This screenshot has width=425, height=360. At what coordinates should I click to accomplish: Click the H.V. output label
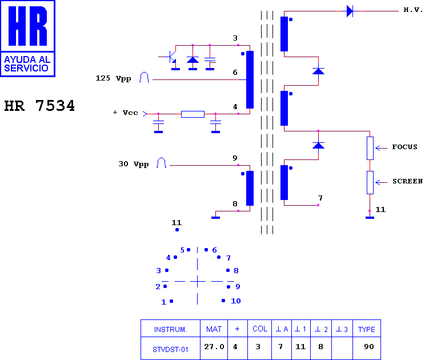tap(413, 10)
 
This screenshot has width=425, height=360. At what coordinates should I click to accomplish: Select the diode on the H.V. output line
tap(350, 11)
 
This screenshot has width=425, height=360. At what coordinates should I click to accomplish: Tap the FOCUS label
tap(404, 147)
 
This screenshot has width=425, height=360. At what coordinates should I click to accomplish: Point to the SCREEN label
tap(408, 181)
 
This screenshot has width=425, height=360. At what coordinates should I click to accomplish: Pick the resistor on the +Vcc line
tap(193, 114)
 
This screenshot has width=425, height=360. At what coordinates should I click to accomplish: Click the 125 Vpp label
tap(113, 78)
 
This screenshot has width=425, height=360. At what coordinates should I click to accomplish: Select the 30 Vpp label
tap(134, 164)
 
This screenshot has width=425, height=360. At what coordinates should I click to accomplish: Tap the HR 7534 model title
tap(39, 106)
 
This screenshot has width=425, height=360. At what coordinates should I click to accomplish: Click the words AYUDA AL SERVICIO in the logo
tap(27, 63)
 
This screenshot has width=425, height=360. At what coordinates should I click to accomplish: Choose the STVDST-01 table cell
tap(170, 349)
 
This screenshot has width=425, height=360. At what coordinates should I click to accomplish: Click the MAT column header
tap(214, 329)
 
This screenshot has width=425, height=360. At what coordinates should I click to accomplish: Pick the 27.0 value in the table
tap(214, 346)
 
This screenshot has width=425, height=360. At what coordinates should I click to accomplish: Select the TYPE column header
tap(367, 329)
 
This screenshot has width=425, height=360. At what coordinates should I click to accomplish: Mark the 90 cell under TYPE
tap(369, 346)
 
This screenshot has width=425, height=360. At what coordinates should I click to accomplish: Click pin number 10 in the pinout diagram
tap(235, 301)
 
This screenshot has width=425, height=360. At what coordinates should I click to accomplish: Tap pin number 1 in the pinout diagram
tap(164, 302)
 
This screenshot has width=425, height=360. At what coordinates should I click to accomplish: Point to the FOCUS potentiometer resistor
tap(370, 148)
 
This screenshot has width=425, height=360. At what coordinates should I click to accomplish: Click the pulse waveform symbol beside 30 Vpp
tap(161, 163)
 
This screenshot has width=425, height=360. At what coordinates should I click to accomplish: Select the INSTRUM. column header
tap(170, 329)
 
